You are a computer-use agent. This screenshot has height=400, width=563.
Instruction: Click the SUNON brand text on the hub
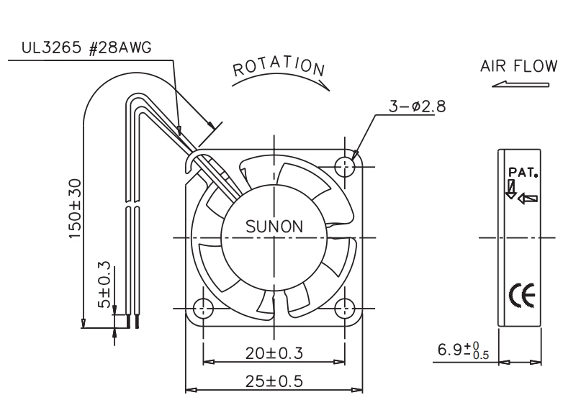(x=274, y=227)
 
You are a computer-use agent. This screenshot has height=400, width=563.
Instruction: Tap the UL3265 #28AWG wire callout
(x=86, y=47)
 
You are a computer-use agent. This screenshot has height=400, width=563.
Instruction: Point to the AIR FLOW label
(x=519, y=66)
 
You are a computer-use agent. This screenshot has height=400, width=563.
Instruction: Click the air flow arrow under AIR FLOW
(x=521, y=85)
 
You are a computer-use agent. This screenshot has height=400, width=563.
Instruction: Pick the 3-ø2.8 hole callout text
(x=418, y=106)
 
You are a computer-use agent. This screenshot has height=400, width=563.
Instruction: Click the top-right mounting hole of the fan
(x=345, y=166)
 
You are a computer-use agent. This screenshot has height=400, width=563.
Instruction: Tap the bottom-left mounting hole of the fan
(x=203, y=308)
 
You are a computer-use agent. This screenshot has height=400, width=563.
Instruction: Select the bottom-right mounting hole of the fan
(x=345, y=308)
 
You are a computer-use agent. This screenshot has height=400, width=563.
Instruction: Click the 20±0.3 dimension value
(x=274, y=353)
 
